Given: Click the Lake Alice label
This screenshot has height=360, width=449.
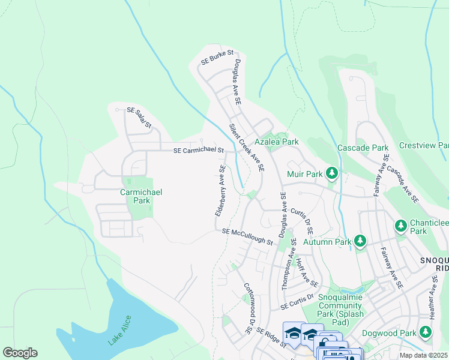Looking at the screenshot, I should click(x=120, y=329).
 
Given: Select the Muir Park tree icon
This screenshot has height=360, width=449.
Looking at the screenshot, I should click(x=331, y=174).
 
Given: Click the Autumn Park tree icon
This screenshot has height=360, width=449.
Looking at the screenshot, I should click(x=360, y=241).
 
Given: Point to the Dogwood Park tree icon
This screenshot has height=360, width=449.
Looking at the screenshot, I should click(x=426, y=331).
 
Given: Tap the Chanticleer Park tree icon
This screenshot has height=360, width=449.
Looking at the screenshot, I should click(x=401, y=226).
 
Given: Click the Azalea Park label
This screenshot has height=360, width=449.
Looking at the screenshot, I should click(x=277, y=142).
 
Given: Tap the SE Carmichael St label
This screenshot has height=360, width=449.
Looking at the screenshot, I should click(x=199, y=150).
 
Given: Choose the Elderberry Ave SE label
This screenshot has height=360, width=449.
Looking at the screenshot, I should click(x=220, y=191).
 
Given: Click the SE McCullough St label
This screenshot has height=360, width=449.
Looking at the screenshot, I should click(x=247, y=236).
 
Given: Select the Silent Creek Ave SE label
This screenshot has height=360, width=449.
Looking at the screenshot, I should click(x=247, y=148).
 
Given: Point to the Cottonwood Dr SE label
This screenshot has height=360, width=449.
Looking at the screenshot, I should click(x=248, y=308).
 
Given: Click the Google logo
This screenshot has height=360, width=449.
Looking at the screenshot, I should click(x=20, y=353).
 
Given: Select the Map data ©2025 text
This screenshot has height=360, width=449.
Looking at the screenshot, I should click(x=423, y=355).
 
